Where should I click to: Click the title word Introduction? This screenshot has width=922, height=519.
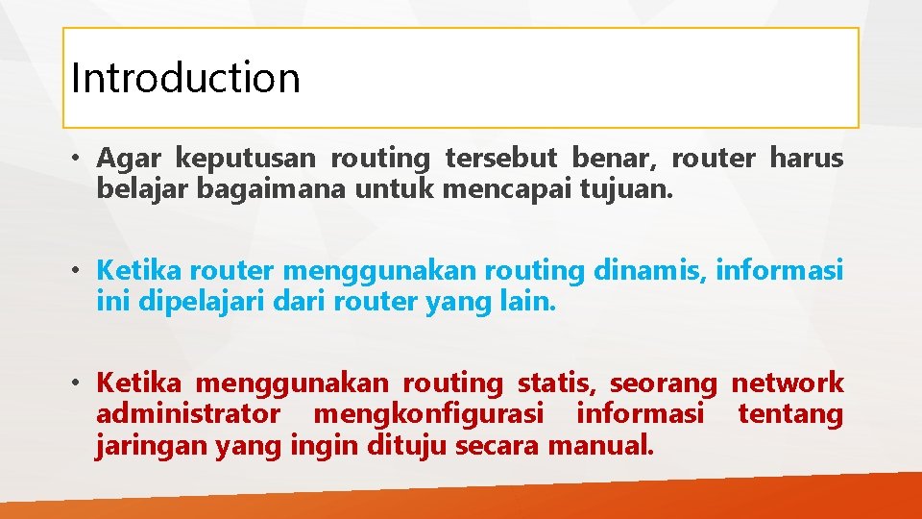(185, 78)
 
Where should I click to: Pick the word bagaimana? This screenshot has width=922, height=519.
(272, 189)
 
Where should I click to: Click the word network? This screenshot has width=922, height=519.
(788, 383)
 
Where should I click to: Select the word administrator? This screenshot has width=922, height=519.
(188, 414)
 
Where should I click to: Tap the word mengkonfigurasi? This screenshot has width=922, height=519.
(428, 415)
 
